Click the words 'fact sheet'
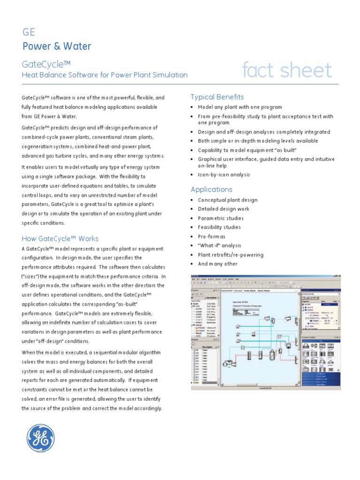[x=287, y=70]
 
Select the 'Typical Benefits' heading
[x=217, y=97]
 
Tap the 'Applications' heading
[x=211, y=189]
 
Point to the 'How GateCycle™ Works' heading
[x=60, y=239]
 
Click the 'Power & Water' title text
[x=57, y=46]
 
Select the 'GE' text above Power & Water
[x=29, y=32]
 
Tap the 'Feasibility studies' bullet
[x=219, y=227]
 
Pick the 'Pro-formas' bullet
[x=211, y=237]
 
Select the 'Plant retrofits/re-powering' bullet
[x=231, y=255]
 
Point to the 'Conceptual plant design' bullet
[x=227, y=200]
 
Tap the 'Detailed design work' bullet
[x=224, y=209]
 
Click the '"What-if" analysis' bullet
[x=219, y=246]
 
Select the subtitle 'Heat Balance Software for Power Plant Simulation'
[x=105, y=75]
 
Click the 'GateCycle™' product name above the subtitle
[x=46, y=64]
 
